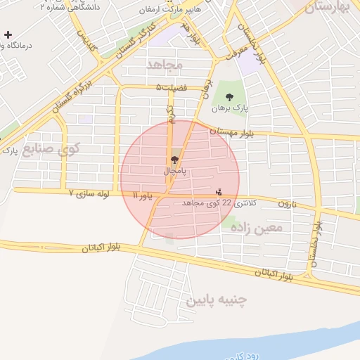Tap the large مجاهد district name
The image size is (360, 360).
click(165, 65)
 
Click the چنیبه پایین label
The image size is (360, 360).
click(216, 300)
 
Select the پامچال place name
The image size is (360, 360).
click(174, 171)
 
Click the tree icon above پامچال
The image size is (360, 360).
click(174, 160)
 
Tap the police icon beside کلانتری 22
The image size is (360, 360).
click(219, 191)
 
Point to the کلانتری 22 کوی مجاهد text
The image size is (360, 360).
click(220, 202)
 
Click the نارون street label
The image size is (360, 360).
click(287, 204)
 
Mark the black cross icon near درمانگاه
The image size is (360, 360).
click(8, 34)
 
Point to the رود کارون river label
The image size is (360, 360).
click(252, 356)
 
